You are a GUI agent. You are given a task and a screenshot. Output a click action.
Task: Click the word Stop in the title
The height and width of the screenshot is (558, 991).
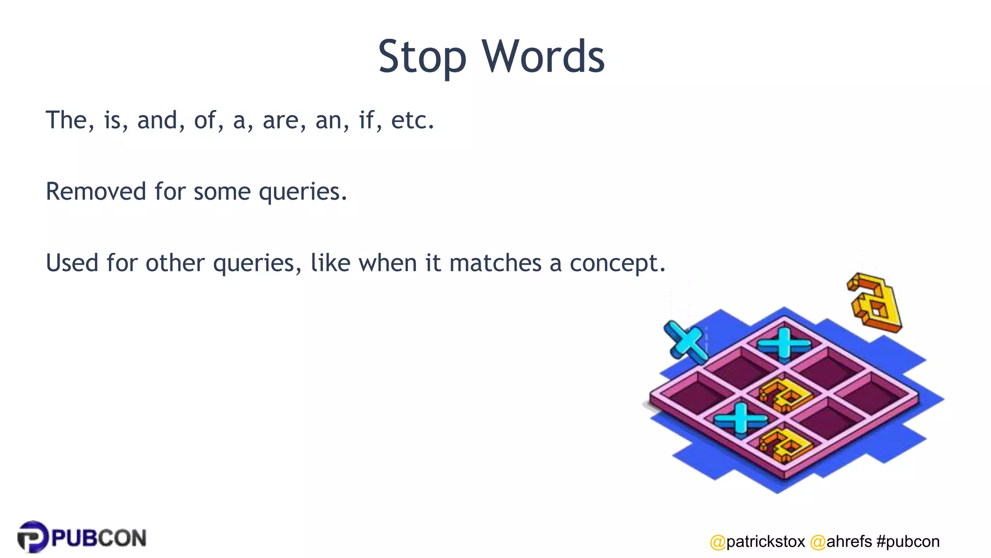point(422,57)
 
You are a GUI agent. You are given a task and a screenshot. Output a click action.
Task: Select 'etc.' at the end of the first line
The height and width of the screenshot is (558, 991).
point(412,120)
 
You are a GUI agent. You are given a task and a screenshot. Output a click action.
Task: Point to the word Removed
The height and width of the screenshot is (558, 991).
point(96,191)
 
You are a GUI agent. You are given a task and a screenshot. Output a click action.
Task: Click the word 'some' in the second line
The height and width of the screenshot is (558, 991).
point(222,191)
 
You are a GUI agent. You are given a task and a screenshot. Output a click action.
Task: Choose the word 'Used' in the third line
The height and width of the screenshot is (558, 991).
point(72,263)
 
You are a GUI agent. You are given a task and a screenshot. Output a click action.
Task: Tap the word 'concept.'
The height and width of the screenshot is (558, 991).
point(617,263)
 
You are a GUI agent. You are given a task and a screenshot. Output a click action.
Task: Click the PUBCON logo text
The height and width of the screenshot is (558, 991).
point(99,538)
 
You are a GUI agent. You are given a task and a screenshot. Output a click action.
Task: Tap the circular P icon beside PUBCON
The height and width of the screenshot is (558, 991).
point(33,537)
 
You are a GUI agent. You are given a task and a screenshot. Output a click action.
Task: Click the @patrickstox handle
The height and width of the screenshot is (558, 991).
point(757,541)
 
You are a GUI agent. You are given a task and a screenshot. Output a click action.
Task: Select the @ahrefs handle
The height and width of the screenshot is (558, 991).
point(841,541)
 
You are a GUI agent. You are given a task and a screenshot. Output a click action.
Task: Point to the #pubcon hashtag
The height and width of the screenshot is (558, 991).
point(908,541)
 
